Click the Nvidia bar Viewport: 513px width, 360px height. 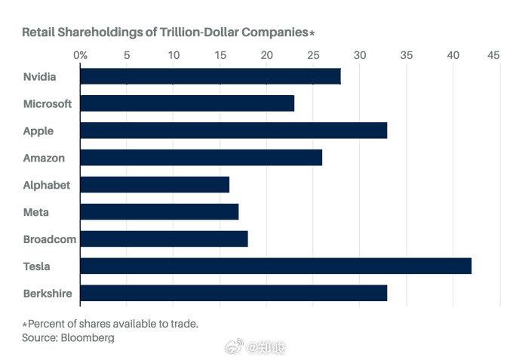click(x=210, y=76)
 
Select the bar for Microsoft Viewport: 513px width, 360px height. click(x=186, y=103)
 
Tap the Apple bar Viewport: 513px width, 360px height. click(x=233, y=131)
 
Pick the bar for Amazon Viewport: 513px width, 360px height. click(x=201, y=158)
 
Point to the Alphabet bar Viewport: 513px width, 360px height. click(x=154, y=185)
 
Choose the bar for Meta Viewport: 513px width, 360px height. click(x=158, y=212)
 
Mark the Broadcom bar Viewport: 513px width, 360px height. click(x=163, y=239)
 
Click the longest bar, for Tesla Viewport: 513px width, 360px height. click(x=275, y=266)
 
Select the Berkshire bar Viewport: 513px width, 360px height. click(x=233, y=294)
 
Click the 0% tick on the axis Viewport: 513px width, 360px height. click(x=80, y=55)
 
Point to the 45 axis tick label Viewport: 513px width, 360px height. click(x=494, y=55)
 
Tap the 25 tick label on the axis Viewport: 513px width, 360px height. click(x=313, y=55)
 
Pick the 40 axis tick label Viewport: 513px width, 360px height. click(x=453, y=55)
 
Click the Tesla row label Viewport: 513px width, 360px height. click(x=38, y=266)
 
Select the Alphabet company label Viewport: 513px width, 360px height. click(x=47, y=185)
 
